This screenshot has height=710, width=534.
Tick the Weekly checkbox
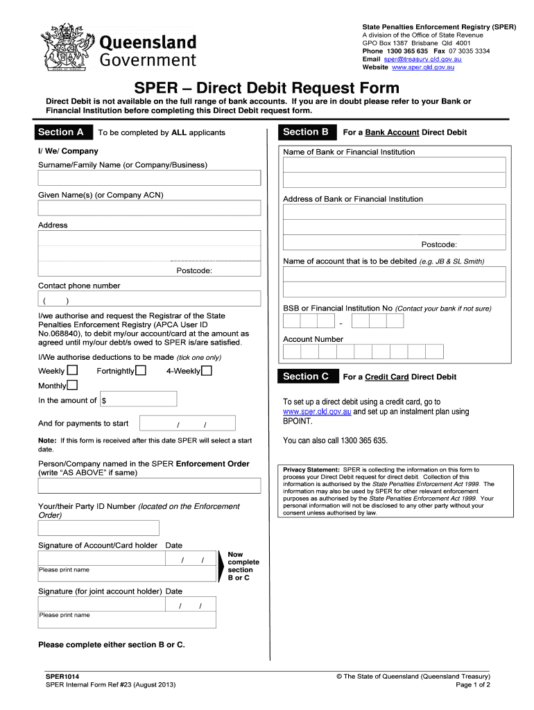coord(72,370)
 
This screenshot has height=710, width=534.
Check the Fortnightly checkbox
coord(141,370)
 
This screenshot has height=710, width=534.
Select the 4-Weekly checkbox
coord(206,370)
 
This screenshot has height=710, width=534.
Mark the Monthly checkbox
coord(72,386)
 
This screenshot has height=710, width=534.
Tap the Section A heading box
coord(62,132)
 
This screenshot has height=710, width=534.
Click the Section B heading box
coord(307,132)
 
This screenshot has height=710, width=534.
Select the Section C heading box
coord(307,376)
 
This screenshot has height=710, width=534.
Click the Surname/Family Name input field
coord(149,177)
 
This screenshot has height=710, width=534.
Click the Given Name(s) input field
coord(149,208)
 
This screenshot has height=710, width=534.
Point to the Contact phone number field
coord(149,300)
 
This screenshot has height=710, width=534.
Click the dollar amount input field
coord(139,399)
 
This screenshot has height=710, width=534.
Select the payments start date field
coord(187,424)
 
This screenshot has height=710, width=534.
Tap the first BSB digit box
coord(291,321)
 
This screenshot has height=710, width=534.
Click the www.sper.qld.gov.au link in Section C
coord(317,412)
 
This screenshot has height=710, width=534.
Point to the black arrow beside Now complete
coord(222,566)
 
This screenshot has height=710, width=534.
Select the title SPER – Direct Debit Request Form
coord(267,88)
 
